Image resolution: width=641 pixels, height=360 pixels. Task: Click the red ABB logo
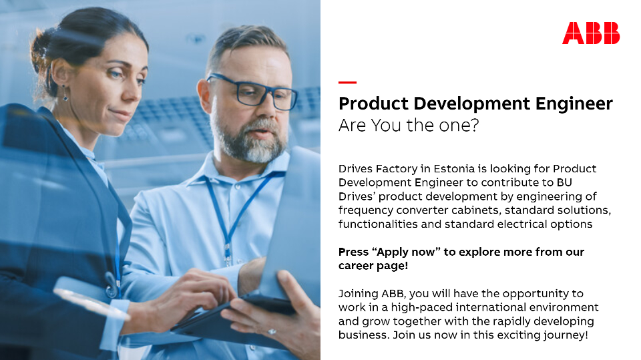point(591,33)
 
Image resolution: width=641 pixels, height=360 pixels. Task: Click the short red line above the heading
point(347,82)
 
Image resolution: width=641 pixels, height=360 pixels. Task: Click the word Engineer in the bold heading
point(574,104)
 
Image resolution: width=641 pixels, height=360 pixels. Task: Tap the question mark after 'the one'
point(475,125)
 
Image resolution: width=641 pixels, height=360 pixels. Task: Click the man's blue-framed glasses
point(251,92)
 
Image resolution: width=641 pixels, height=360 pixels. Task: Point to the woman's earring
point(65,94)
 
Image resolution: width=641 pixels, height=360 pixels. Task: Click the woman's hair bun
point(40,49)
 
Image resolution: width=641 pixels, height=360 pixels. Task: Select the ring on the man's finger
point(272,331)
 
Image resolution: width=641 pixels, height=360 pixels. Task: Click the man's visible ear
point(204,96)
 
